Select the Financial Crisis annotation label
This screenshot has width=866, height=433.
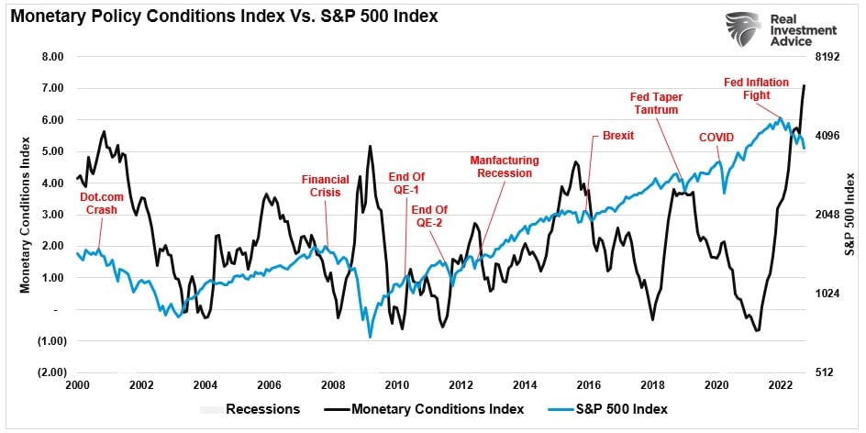(326, 186)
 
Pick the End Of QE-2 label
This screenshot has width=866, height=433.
(429, 216)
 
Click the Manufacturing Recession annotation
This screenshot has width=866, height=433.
(504, 166)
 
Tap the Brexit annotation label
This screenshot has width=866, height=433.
(617, 136)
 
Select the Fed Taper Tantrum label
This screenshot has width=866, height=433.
(654, 103)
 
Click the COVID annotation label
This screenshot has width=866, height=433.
(716, 137)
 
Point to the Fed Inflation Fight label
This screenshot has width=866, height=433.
(757, 88)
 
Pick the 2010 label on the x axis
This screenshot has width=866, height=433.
(396, 384)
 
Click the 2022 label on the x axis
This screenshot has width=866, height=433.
(780, 384)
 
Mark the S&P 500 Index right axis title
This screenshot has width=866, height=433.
(849, 215)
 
